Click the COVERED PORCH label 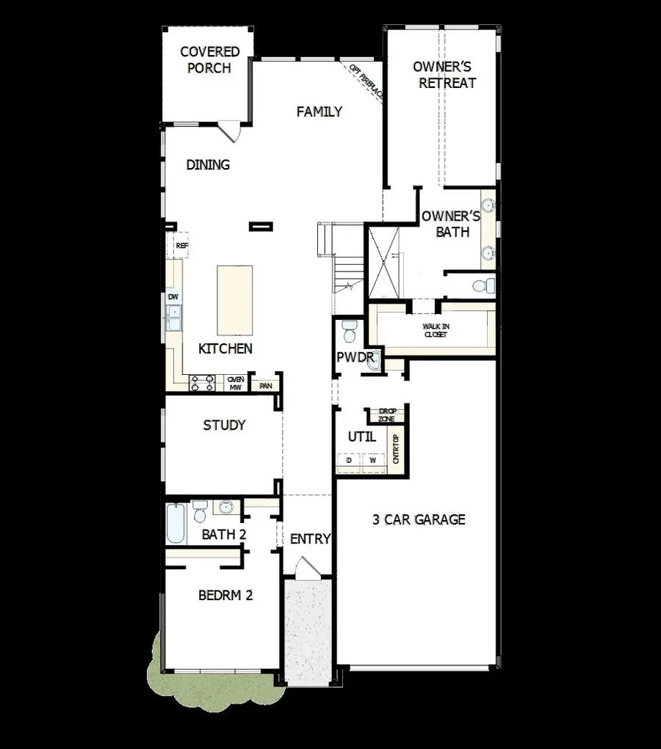coord(209,60)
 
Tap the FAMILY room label coord(319,112)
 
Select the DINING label coord(208,165)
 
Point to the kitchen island coord(235,300)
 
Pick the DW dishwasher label coord(173,297)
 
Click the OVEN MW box coord(235,383)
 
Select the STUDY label coord(224,425)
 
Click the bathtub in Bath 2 coord(176,523)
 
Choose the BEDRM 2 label coord(225,595)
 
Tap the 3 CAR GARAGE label coord(419,519)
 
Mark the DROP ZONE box coord(386,415)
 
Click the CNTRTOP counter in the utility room coord(396,449)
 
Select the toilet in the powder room coord(350,331)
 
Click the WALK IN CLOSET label coord(435,330)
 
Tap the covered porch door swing coord(230,133)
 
